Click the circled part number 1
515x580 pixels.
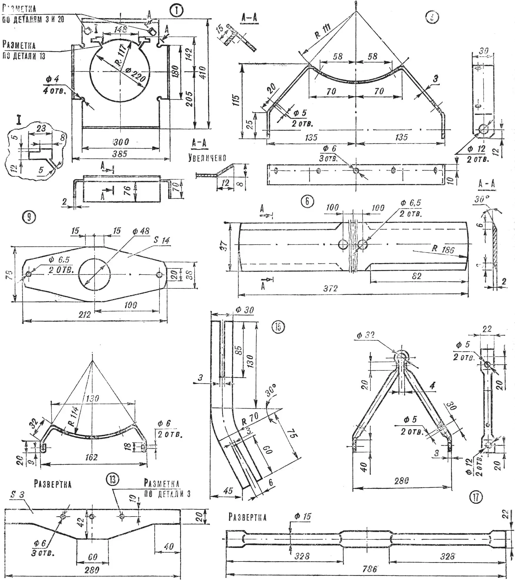click(x=177, y=11)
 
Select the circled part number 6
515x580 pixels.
click(x=307, y=201)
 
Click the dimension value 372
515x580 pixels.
click(x=330, y=288)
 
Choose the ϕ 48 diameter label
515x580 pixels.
click(x=141, y=231)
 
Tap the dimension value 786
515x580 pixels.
click(x=370, y=569)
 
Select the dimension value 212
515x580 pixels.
click(x=84, y=315)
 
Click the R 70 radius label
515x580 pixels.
click(x=250, y=418)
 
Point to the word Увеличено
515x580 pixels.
click(x=207, y=158)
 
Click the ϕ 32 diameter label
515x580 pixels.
click(x=365, y=335)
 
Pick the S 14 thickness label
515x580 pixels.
click(x=162, y=240)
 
